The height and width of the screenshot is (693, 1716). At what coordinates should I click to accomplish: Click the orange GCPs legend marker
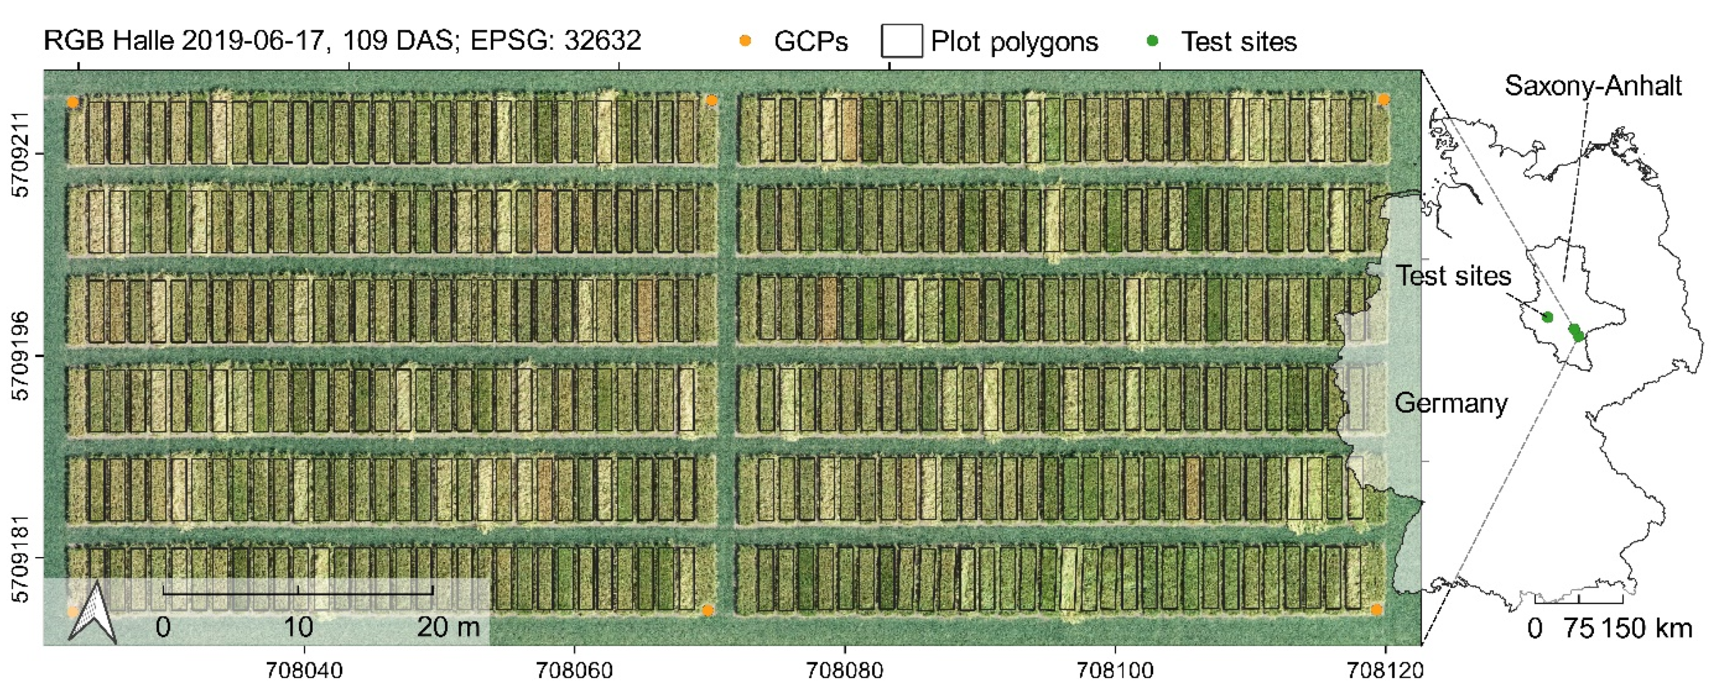click(x=746, y=41)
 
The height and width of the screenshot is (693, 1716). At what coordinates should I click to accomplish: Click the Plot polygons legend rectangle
click(x=901, y=41)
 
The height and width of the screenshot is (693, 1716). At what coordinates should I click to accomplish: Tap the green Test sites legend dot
click(x=1152, y=41)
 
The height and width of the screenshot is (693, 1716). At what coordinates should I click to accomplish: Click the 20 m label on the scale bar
click(x=448, y=627)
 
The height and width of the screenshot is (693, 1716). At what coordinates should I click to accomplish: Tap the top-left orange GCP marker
click(x=73, y=103)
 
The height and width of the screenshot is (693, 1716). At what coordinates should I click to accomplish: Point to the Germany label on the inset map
click(x=1451, y=403)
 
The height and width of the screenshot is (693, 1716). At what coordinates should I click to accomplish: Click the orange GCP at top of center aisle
click(x=711, y=101)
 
